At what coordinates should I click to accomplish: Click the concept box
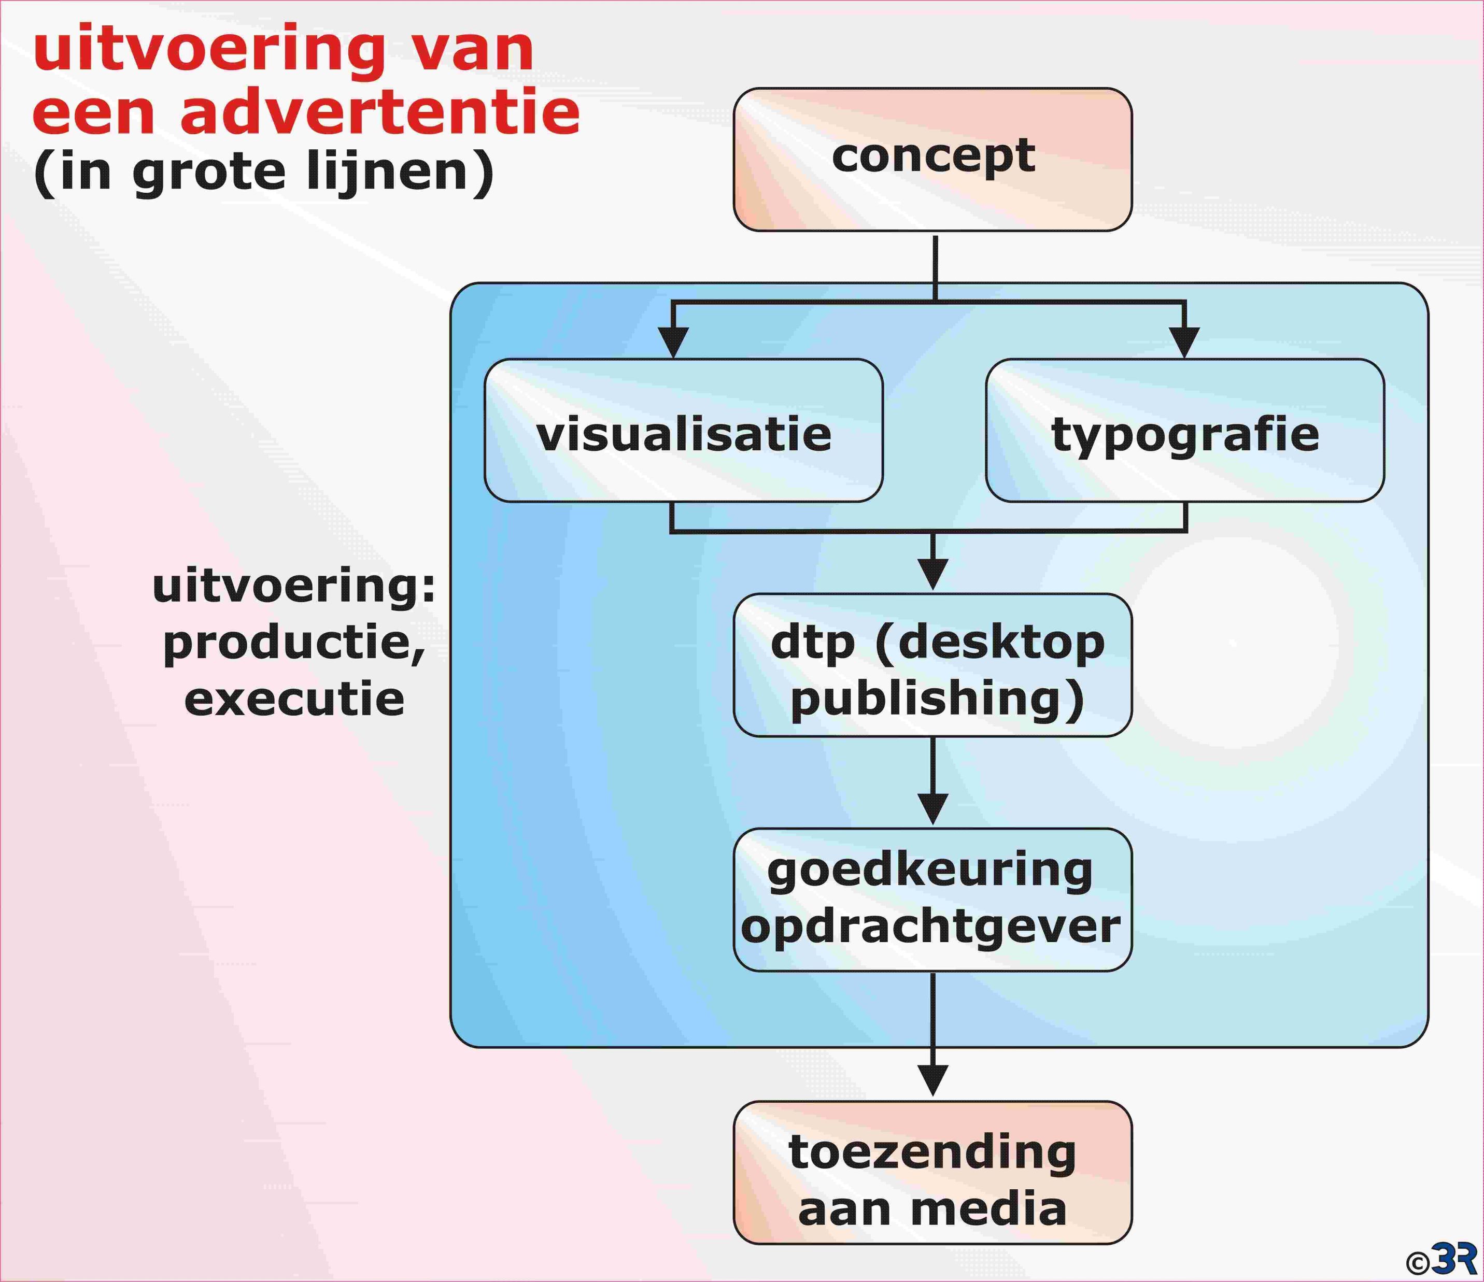click(932, 159)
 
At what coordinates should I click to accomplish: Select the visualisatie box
click(683, 430)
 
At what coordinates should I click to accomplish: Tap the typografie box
click(1184, 430)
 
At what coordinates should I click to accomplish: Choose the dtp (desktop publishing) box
click(932, 665)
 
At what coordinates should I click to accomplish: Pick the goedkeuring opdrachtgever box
click(932, 900)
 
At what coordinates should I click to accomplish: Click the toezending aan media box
click(932, 1173)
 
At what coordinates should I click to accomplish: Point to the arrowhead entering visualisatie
click(673, 343)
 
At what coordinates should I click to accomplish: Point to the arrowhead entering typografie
click(1184, 343)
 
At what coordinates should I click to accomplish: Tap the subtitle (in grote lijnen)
click(263, 172)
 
